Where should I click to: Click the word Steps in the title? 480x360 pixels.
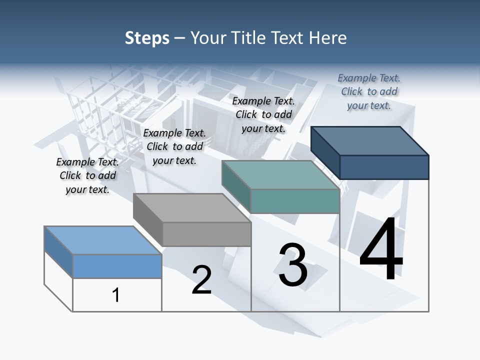coord(147,38)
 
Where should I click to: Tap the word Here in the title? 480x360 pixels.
coord(328,38)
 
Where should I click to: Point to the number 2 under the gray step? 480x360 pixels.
coord(201,280)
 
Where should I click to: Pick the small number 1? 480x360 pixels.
coord(116,295)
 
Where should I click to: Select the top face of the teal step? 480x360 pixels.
coord(280,175)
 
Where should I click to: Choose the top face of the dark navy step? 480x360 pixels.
coord(370,140)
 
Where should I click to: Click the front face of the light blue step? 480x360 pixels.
coord(117,266)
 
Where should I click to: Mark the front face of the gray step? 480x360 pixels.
coord(206,234)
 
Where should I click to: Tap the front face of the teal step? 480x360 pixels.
coord(295,201)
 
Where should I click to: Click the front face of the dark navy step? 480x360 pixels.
coord(384,167)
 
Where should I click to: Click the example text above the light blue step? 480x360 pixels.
coord(87,175)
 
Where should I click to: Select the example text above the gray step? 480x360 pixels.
coord(174,146)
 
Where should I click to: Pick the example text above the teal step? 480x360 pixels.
coord(263,114)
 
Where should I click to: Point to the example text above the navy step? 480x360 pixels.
coord(369,91)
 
